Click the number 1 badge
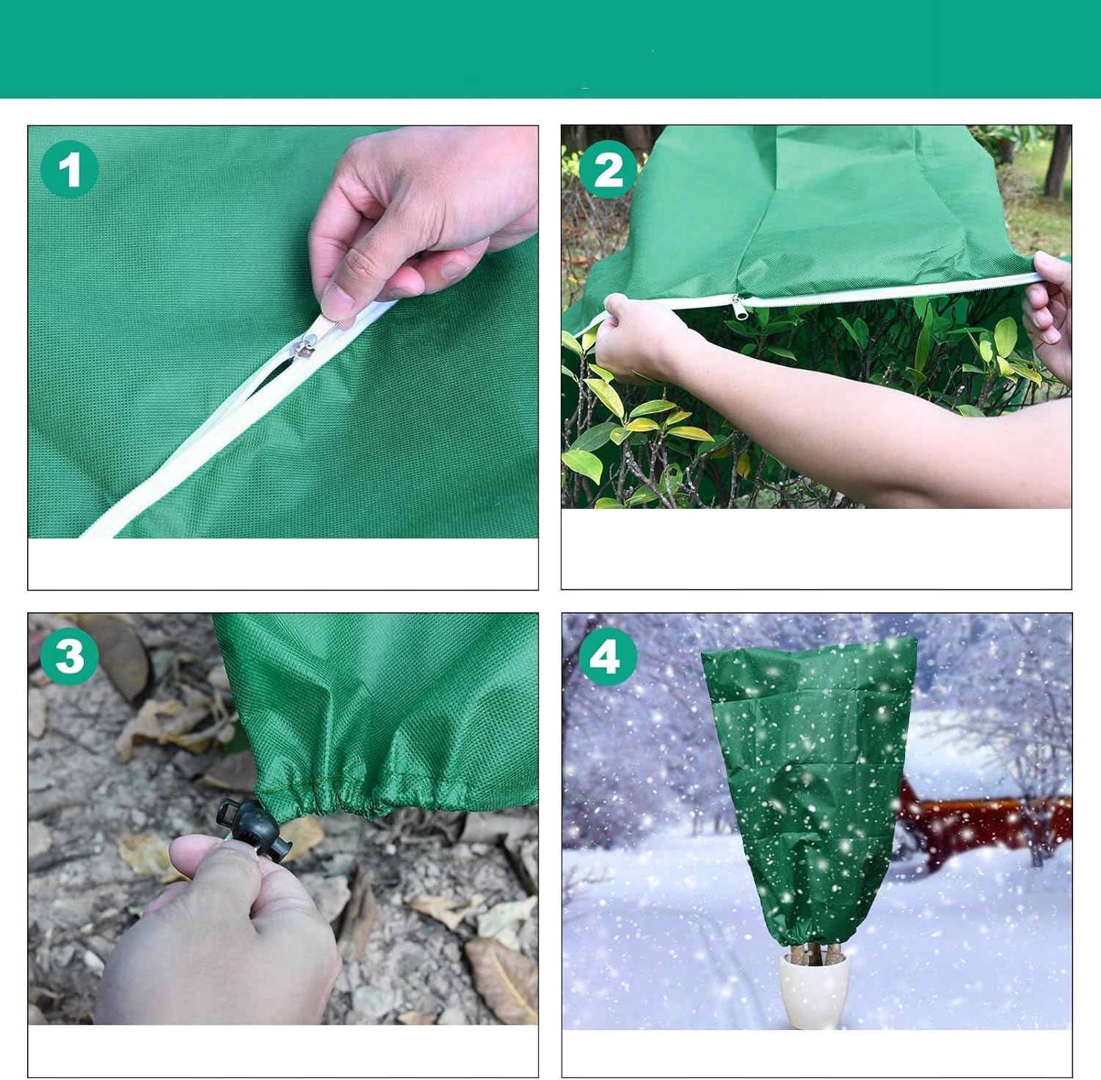tap(69, 170)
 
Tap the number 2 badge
tap(608, 170)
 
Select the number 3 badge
tap(69, 656)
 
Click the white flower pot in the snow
tap(814, 988)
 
